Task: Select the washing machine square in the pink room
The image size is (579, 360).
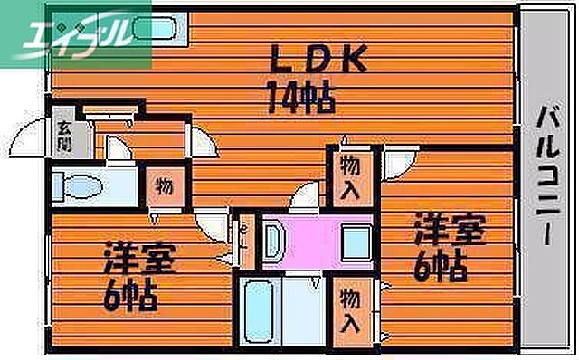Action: point(356,243)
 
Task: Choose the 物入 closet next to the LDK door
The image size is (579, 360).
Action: point(352,175)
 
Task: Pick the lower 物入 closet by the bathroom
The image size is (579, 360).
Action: point(352,309)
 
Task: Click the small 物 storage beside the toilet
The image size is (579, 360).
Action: point(165,187)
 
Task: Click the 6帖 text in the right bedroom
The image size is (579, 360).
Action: point(440,264)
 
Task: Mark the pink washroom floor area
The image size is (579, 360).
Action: point(312,239)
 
